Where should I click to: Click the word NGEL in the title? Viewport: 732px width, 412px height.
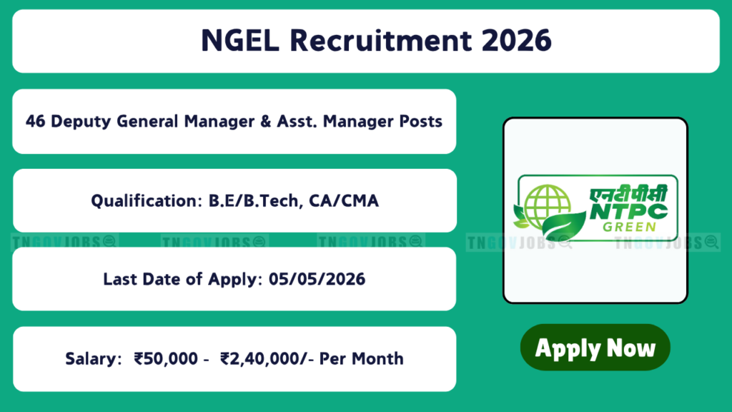coord(240,40)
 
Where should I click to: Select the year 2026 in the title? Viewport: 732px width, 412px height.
coord(517,40)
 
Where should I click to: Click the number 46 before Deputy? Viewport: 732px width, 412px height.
coord(36,122)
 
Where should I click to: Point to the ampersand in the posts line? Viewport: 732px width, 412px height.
coord(266,122)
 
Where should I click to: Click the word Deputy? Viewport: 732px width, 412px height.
coord(81,122)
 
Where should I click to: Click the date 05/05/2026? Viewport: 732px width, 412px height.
coord(317,280)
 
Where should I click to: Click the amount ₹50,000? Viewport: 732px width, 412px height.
coord(166,359)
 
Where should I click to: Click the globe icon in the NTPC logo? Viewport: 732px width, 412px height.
coord(547,206)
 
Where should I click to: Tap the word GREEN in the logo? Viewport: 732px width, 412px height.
coord(630,227)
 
